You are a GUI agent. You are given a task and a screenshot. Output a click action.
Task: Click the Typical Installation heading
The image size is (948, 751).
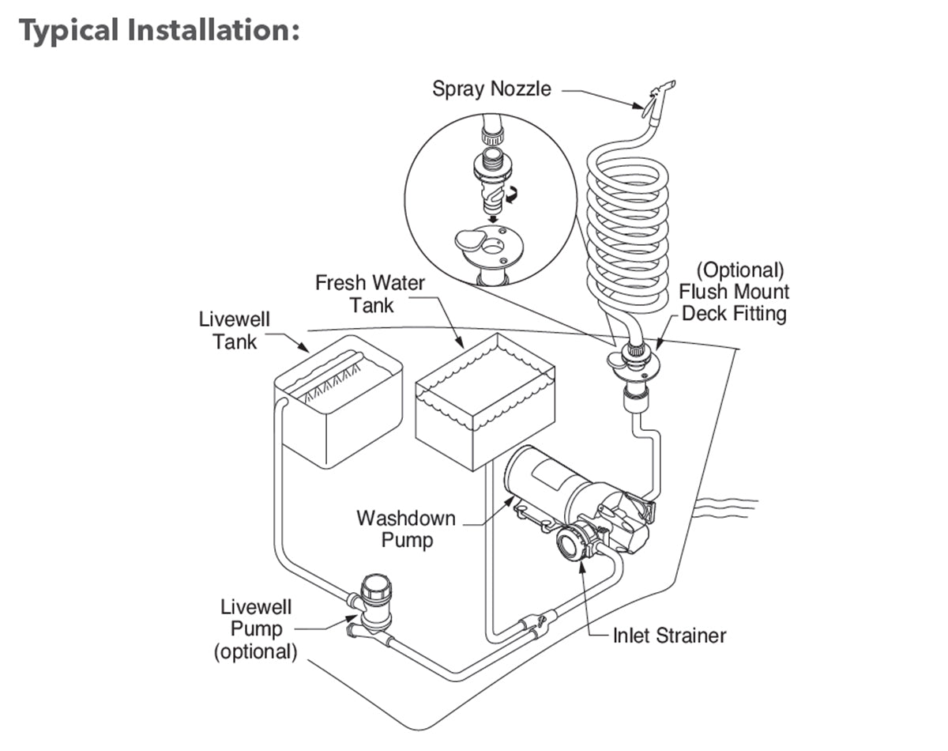coord(158,32)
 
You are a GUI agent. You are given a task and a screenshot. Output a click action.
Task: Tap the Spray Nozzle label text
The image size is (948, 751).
coord(491,89)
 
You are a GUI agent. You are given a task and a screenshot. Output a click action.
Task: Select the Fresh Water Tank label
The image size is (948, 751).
coord(370,293)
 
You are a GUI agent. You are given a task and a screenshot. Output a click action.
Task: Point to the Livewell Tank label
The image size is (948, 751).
coord(234,330)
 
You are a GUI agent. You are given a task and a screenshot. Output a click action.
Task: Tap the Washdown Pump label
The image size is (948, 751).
coord(406,530)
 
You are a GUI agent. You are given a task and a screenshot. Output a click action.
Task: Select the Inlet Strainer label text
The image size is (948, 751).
coord(669,635)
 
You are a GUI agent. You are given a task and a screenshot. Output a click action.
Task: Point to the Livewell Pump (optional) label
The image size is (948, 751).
coord(255,630)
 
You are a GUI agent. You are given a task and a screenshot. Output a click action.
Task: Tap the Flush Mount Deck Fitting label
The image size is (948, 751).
coord(734,292)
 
